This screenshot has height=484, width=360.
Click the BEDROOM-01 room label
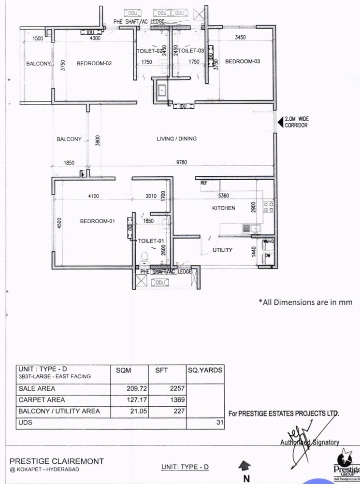click(97, 221)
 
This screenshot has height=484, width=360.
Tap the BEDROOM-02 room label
click(94, 63)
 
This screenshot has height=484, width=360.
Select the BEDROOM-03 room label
click(243, 61)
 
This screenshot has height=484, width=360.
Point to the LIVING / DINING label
click(176, 139)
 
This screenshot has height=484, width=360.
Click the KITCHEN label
click(224, 208)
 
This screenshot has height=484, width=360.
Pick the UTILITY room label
click(222, 250)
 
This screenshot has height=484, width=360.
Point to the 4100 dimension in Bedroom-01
click(93, 196)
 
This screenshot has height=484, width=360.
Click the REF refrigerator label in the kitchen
click(204, 184)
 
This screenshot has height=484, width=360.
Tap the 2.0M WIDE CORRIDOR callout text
click(296, 122)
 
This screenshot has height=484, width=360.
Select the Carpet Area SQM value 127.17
click(137, 400)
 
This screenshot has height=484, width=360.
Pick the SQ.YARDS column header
click(205, 370)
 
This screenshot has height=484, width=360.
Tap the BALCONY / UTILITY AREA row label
click(59, 411)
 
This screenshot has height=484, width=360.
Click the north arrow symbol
click(246, 466)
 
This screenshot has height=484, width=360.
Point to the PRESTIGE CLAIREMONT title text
click(57, 461)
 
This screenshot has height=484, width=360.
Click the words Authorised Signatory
click(310, 442)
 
